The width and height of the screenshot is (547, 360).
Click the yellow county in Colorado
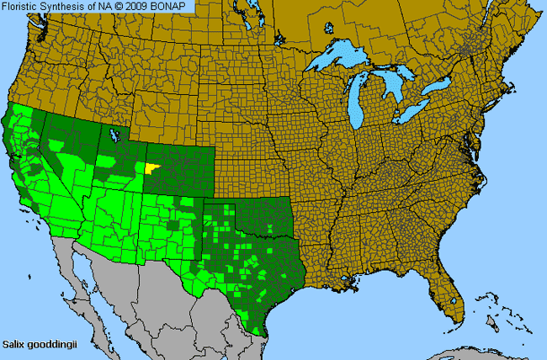pyautogui.click(x=151, y=167)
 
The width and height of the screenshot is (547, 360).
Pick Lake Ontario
pyautogui.click(x=441, y=87)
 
